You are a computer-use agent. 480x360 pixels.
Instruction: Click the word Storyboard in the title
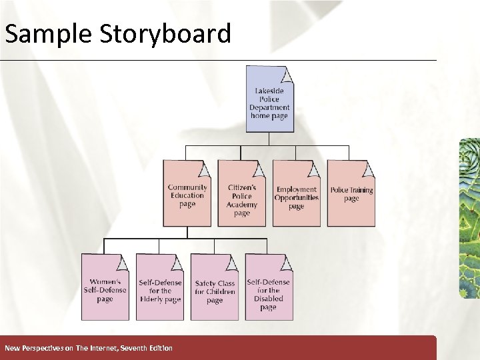[166, 33]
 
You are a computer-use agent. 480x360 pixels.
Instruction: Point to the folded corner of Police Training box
[369, 167]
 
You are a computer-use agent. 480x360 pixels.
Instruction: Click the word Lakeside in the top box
[269, 91]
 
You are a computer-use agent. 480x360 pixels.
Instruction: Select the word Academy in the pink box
[242, 205]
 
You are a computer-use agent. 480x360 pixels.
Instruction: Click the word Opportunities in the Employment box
[297, 198]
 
